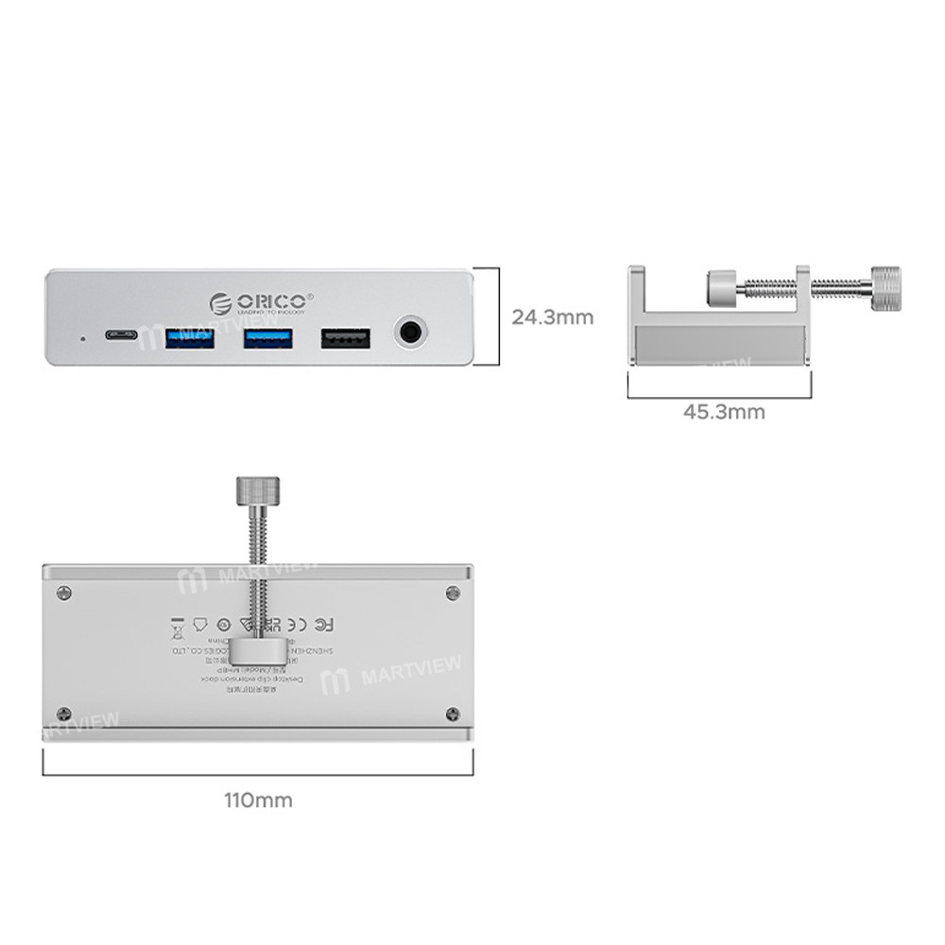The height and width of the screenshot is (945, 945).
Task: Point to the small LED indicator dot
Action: (x=82, y=336)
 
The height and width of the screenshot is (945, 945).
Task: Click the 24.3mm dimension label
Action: (x=553, y=318)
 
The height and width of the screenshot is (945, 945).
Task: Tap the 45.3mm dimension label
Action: (x=724, y=412)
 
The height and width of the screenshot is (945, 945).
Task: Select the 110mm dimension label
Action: (x=258, y=800)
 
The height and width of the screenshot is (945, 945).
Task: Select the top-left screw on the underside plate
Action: (x=63, y=593)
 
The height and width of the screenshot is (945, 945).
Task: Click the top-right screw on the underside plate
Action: (x=452, y=593)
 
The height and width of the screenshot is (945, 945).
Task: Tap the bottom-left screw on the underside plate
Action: (x=63, y=713)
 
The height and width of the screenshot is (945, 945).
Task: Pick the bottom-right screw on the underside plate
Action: (x=452, y=713)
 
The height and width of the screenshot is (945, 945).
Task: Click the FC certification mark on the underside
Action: (x=322, y=624)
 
